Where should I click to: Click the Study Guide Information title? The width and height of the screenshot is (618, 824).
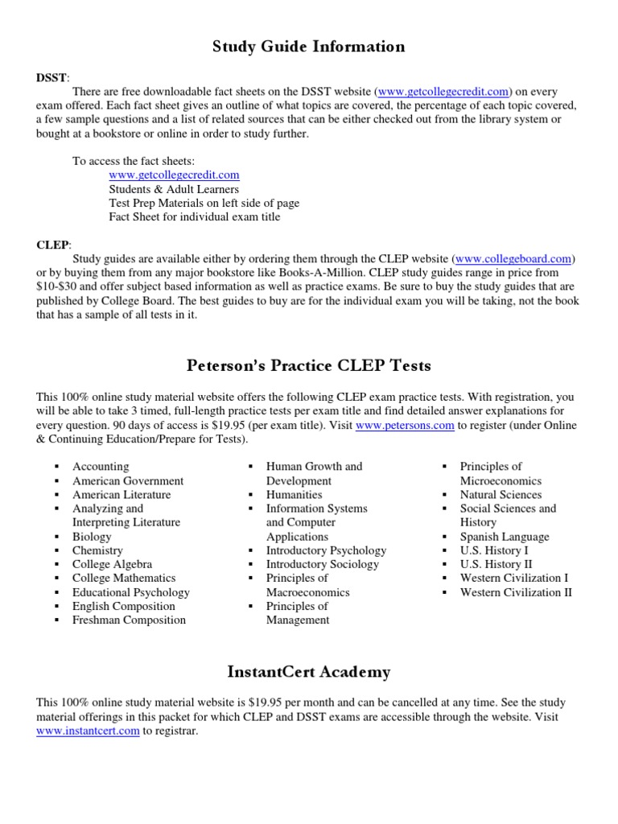tap(308, 47)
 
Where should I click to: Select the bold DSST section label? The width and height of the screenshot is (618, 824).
tap(52, 77)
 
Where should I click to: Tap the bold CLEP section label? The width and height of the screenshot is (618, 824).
tap(52, 244)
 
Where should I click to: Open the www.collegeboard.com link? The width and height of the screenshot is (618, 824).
tap(514, 258)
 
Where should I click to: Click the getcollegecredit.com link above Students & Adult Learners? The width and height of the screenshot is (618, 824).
tap(174, 175)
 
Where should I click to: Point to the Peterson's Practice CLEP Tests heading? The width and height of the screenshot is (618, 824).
tap(308, 366)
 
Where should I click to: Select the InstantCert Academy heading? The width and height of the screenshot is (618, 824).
tap(308, 672)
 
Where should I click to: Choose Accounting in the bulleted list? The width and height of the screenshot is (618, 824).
tap(101, 467)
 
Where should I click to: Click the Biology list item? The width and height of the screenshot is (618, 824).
tap(92, 537)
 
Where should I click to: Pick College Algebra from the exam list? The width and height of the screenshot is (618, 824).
tap(112, 564)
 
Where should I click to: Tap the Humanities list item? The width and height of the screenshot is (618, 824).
tap(294, 495)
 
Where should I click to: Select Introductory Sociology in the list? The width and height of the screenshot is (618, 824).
tap(322, 564)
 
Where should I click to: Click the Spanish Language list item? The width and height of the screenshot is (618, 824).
tap(505, 537)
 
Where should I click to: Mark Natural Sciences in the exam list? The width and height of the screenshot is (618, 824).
tap(501, 495)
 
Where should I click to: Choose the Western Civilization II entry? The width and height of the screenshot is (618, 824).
tap(516, 592)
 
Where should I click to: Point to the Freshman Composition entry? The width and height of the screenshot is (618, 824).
tap(129, 620)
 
